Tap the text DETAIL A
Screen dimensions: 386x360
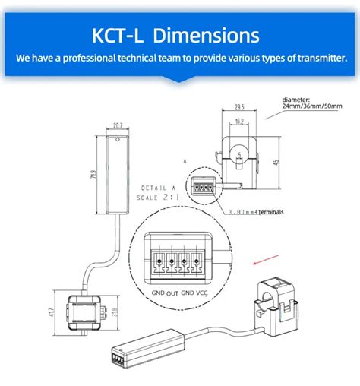click(x=157, y=188)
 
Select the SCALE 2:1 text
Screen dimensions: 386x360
click(x=156, y=197)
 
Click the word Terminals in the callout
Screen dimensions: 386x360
click(x=270, y=212)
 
